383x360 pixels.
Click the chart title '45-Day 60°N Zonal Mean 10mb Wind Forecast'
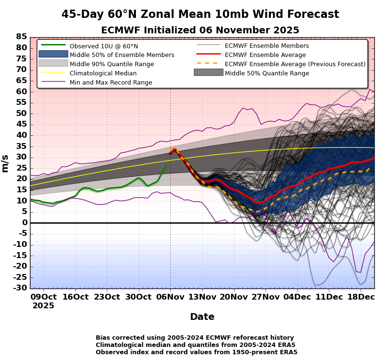[200, 14]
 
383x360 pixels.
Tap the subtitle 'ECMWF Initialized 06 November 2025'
[200, 30]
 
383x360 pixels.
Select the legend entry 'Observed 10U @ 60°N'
[103, 46]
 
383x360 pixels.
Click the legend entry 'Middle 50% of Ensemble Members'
[122, 55]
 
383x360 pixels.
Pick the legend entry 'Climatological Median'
[103, 73]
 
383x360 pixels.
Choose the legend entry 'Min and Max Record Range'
[111, 83]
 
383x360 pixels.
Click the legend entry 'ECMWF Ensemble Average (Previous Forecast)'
[295, 64]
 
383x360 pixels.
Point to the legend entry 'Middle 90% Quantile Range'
[112, 64]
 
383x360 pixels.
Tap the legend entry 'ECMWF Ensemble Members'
[266, 46]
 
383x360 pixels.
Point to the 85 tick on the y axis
[21, 37]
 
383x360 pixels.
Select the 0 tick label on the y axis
[24, 223]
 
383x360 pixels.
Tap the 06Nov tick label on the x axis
[170, 297]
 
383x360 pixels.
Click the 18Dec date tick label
[361, 297]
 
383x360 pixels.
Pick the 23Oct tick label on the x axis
[106, 297]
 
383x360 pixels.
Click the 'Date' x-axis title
[202, 317]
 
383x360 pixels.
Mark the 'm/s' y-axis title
[6, 163]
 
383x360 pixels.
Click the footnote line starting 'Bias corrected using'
[194, 338]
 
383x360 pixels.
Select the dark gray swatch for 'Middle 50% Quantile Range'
[208, 72]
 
